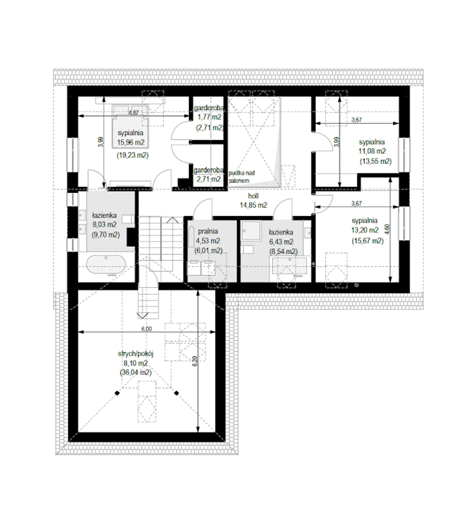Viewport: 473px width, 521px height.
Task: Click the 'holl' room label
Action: pyautogui.click(x=253, y=196)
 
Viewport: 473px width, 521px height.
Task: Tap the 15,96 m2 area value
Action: pyautogui.click(x=130, y=142)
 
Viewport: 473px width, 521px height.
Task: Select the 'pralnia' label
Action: pyautogui.click(x=208, y=231)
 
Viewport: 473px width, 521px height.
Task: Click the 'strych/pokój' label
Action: pyautogui.click(x=136, y=354)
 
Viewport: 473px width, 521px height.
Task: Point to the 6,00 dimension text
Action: pyautogui.click(x=146, y=329)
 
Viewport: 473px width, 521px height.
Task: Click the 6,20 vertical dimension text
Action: pyautogui.click(x=195, y=361)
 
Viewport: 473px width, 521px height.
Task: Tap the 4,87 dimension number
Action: pyautogui.click(x=134, y=112)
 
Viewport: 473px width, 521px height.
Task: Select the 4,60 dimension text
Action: pyautogui.click(x=387, y=229)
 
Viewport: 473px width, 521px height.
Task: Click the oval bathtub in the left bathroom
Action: pyautogui.click(x=106, y=264)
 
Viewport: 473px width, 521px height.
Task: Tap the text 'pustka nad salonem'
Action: pyautogui.click(x=241, y=177)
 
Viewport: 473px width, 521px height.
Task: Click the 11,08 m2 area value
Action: pyautogui.click(x=372, y=151)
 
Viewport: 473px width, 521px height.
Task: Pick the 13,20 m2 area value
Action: pyautogui.click(x=365, y=230)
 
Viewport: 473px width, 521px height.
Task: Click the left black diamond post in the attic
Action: pyautogui.click(x=118, y=393)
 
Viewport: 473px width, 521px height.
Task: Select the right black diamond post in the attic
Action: pyautogui.click(x=176, y=393)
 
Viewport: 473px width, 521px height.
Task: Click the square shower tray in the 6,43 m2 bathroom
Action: pyautogui.click(x=251, y=230)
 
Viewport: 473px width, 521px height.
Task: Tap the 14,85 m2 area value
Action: pyautogui.click(x=253, y=205)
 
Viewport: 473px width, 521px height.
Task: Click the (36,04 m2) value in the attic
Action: pyautogui.click(x=136, y=372)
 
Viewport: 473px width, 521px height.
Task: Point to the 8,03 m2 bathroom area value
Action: pyautogui.click(x=105, y=224)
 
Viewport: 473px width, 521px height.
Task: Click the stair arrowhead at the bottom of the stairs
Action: pyautogui.click(x=143, y=316)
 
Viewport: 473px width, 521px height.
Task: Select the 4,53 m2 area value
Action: pyautogui.click(x=208, y=241)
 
